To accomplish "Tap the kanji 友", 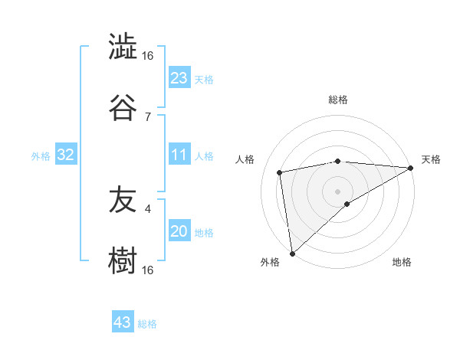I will pyautogui.click(x=123, y=200).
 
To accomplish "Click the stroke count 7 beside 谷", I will pyautogui.click(x=148, y=116).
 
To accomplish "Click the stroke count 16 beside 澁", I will pyautogui.click(x=148, y=56).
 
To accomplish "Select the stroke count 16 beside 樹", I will pyautogui.click(x=148, y=270).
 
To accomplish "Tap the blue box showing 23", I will pyautogui.click(x=179, y=78).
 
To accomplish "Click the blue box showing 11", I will pyautogui.click(x=179, y=155).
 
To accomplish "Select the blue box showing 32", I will pyautogui.click(x=66, y=155).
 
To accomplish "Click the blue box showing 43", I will pyautogui.click(x=123, y=322).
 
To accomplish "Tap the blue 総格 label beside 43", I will pyautogui.click(x=147, y=324).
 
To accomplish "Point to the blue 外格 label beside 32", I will pyautogui.click(x=41, y=156).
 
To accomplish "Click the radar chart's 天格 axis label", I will pyautogui.click(x=431, y=159).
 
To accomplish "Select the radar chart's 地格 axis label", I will pyautogui.click(x=402, y=263).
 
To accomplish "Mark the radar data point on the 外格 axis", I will pyautogui.click(x=291, y=253).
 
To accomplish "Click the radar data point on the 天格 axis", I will pyautogui.click(x=411, y=168).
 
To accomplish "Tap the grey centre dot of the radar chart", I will pyautogui.click(x=338, y=190).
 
